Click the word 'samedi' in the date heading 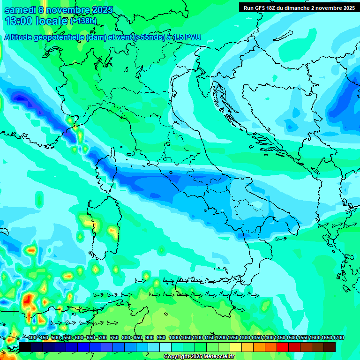tap(19, 10)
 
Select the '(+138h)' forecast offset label tap(83, 21)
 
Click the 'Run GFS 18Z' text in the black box tap(262, 8)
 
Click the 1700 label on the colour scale tap(326, 338)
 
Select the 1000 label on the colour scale tap(174, 338)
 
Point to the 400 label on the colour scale tap(32, 338)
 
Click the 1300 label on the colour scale tap(244, 338)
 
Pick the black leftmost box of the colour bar tap(25, 347)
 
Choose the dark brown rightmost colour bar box tap(330, 347)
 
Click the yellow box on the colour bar tap(236, 347)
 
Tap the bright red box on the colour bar tap(283, 347)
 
